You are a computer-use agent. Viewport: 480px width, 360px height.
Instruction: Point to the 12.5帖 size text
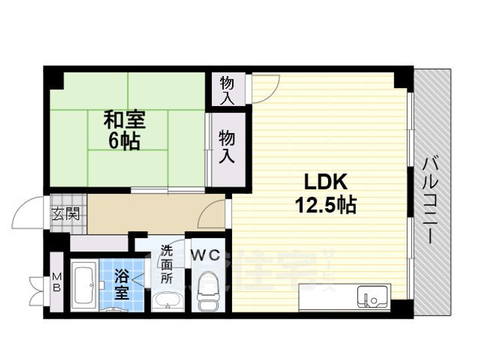[x=325, y=205]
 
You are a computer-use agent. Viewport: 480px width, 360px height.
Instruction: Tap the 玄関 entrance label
[x=65, y=215]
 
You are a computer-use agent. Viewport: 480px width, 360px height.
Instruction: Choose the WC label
[x=205, y=254]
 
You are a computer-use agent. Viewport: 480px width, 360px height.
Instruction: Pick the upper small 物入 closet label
[x=227, y=90]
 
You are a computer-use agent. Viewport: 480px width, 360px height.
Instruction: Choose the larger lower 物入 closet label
[x=227, y=147]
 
